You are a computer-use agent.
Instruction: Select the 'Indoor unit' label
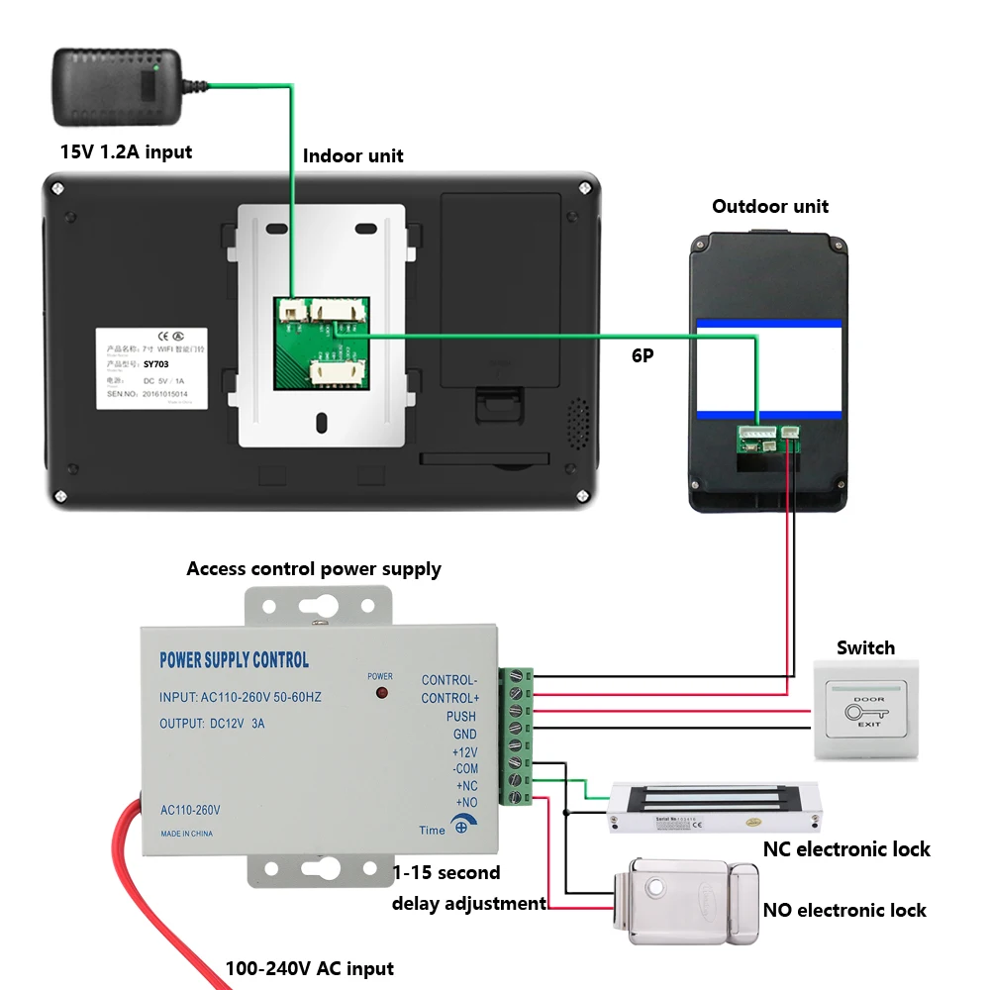point(352,155)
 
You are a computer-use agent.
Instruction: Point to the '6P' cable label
point(643,354)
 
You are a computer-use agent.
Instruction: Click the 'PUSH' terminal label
point(460,716)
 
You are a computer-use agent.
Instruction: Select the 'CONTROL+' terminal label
point(448,698)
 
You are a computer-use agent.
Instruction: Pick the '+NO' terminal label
point(465,802)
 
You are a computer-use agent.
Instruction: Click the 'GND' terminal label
point(464,734)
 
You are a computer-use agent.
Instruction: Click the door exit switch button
point(866,711)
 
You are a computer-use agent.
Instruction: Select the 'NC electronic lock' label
point(846,849)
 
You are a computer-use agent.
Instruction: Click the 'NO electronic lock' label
point(844,910)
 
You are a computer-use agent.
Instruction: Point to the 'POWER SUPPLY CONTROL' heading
point(235,660)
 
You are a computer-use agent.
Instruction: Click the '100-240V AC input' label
point(309,968)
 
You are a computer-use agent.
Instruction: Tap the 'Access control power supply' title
point(314,569)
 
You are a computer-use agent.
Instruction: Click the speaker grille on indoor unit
point(576,421)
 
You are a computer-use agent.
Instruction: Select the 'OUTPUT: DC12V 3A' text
point(212,724)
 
